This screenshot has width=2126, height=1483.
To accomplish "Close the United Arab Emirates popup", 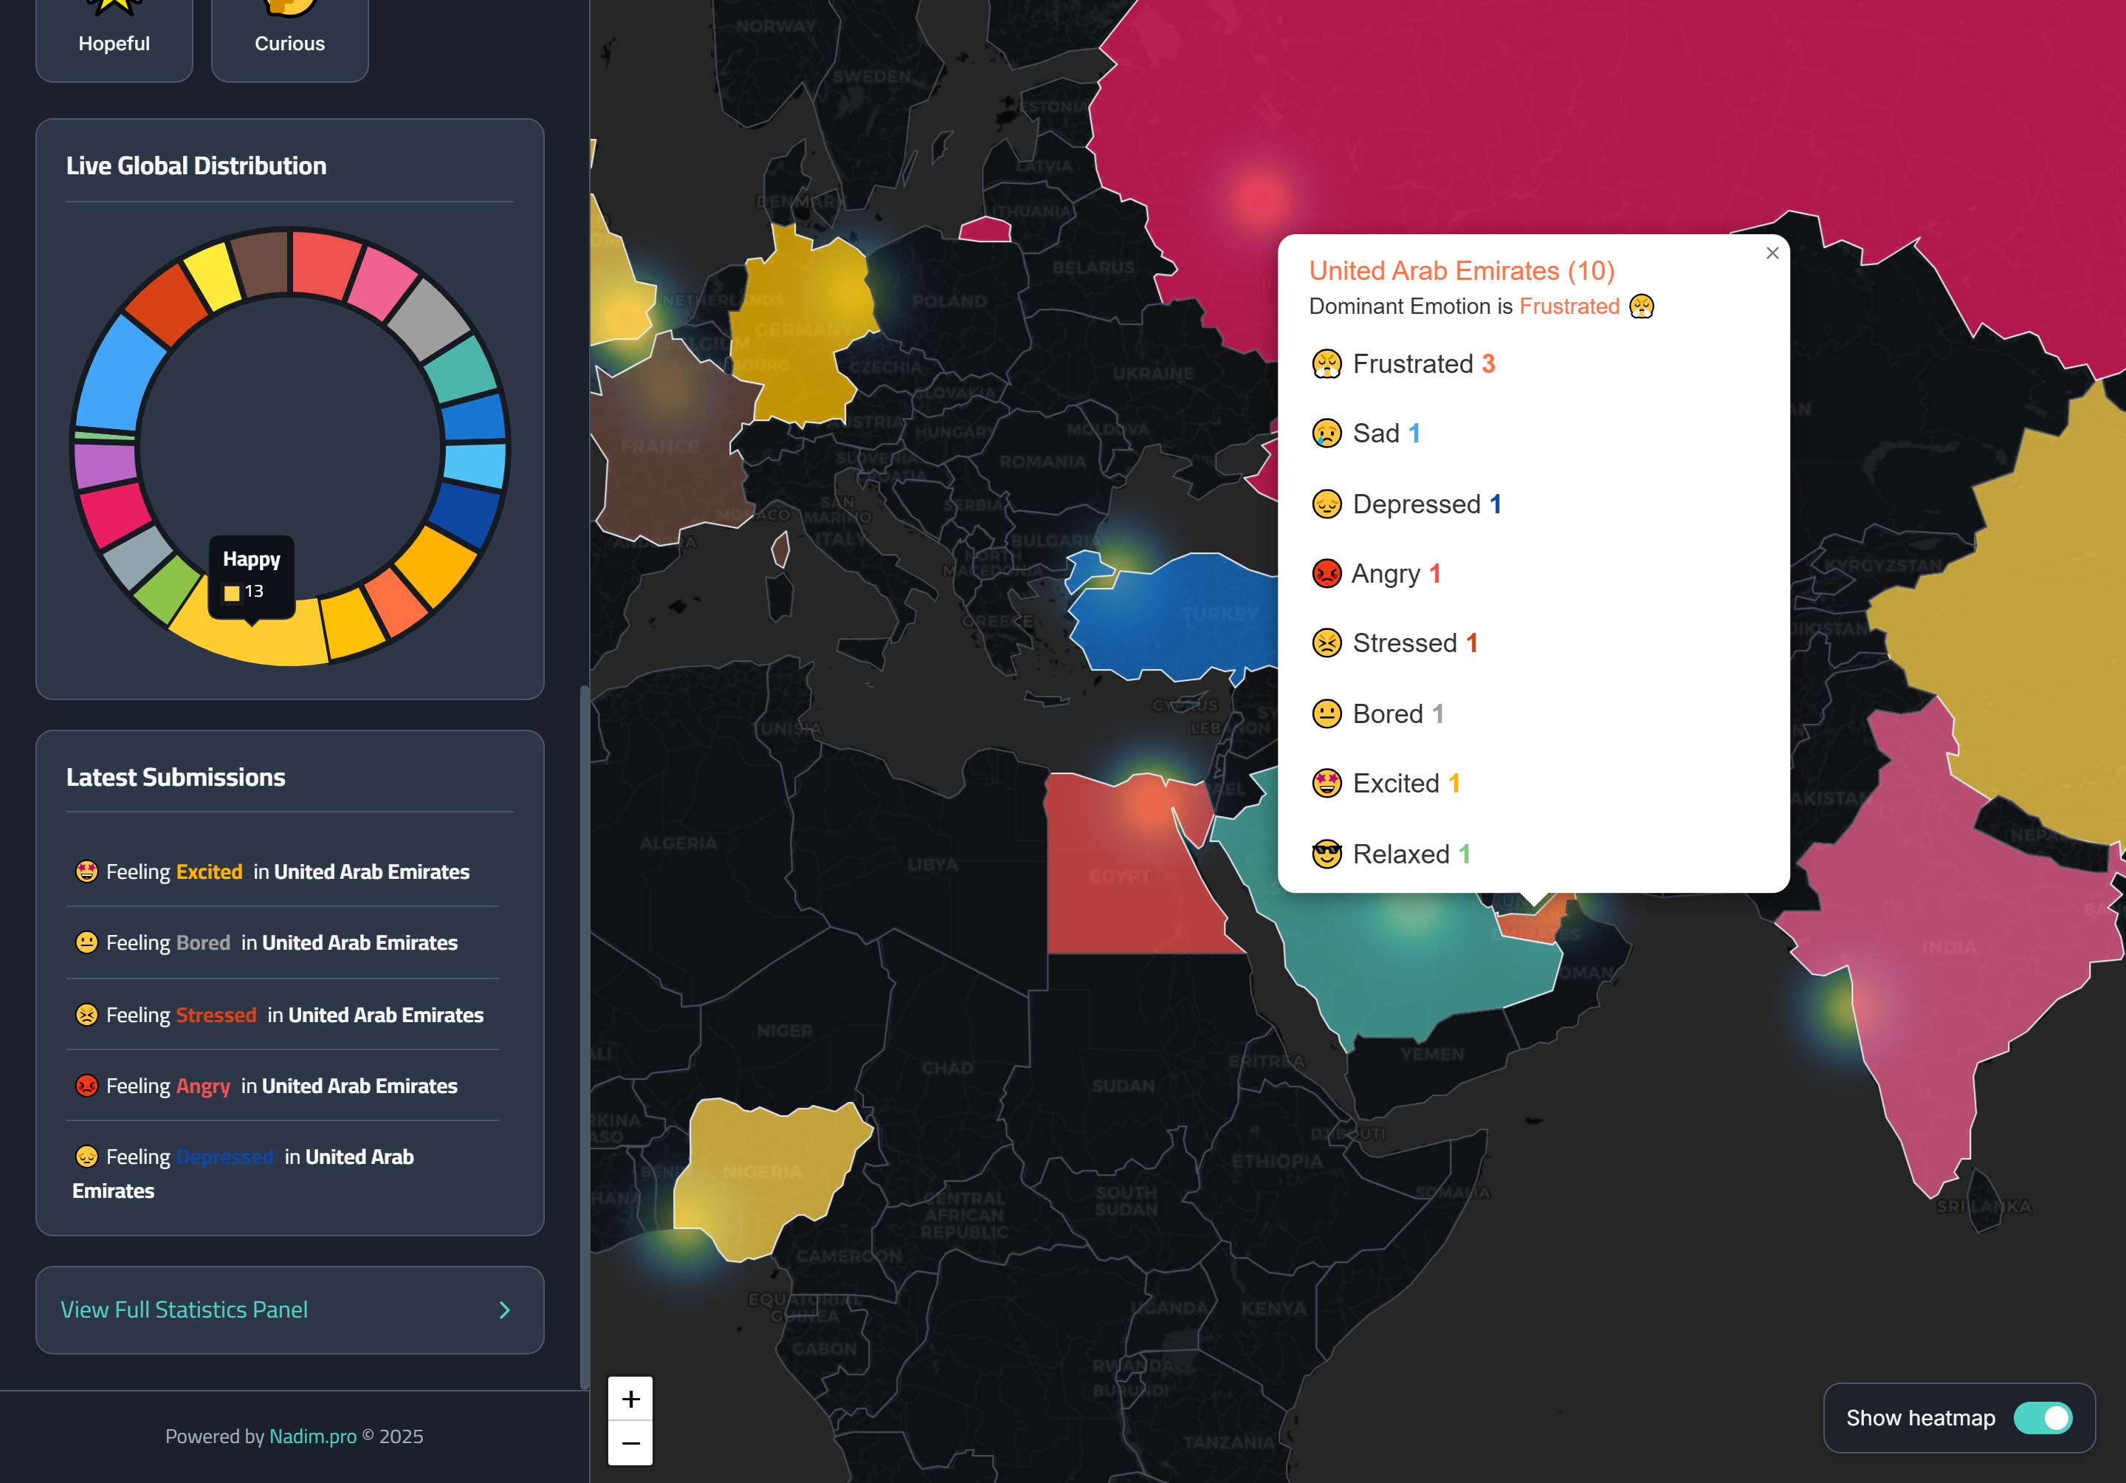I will [1772, 253].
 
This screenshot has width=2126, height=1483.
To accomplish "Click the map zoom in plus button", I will [630, 1399].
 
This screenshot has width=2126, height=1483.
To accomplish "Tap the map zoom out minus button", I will [630, 1443].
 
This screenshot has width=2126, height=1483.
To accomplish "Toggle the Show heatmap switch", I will [2043, 1417].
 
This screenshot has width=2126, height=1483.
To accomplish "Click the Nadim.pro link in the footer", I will [312, 1436].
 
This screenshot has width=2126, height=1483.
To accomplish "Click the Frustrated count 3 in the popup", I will [1488, 364].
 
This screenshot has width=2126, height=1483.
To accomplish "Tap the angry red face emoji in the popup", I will [1326, 573].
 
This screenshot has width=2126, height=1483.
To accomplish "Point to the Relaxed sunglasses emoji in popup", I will [1326, 854].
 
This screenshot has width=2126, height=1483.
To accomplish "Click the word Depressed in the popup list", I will [1416, 504].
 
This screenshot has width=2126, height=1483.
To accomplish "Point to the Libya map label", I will [932, 865].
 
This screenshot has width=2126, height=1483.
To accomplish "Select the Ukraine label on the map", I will [1153, 373].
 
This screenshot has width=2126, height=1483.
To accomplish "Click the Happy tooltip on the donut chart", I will [252, 575].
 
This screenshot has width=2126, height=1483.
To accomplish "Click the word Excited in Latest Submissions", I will [209, 871].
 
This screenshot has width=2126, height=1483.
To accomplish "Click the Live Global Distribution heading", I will [196, 166].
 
